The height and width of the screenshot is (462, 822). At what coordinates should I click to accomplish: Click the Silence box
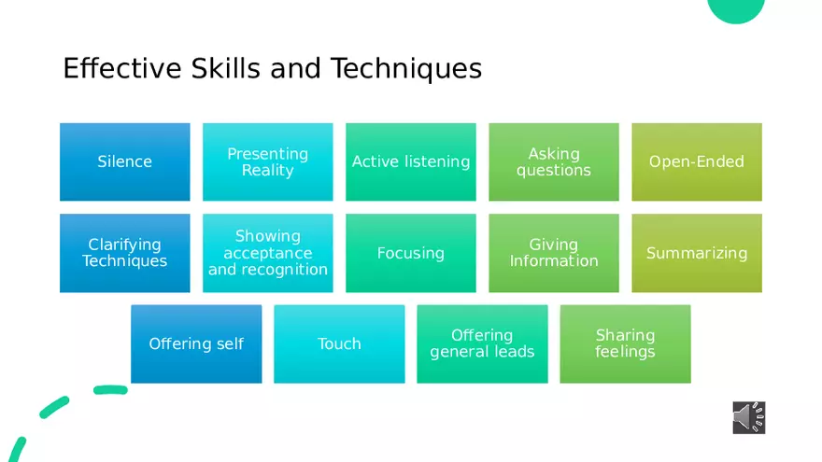click(125, 161)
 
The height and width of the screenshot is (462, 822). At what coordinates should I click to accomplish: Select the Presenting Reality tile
click(268, 161)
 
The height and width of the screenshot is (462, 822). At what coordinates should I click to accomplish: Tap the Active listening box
click(411, 161)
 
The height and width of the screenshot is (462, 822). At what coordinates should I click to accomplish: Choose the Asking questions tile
click(554, 161)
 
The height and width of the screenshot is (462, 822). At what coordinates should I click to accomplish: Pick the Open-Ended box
click(697, 161)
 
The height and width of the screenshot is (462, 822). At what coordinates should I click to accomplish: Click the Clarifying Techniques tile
click(125, 253)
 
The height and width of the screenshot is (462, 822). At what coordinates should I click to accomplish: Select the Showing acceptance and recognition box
click(268, 253)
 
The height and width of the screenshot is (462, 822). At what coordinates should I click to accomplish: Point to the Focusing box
click(411, 253)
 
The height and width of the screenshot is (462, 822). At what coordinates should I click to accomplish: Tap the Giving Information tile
click(554, 253)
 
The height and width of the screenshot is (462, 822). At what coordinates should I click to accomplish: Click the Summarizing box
click(697, 253)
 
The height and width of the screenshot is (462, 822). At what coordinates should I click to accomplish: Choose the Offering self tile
click(196, 344)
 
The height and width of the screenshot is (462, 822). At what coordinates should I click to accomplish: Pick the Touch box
click(339, 344)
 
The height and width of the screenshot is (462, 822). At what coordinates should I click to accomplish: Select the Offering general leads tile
click(482, 344)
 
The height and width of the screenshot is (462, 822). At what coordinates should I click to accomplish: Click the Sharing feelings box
click(626, 344)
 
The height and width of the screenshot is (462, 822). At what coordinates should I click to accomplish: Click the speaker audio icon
click(749, 417)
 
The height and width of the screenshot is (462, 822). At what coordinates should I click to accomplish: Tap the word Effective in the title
click(122, 69)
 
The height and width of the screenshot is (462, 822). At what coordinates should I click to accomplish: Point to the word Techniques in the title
click(406, 69)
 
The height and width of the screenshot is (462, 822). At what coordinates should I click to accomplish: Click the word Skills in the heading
click(225, 69)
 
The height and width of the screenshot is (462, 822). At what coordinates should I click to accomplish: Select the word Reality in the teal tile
click(268, 170)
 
